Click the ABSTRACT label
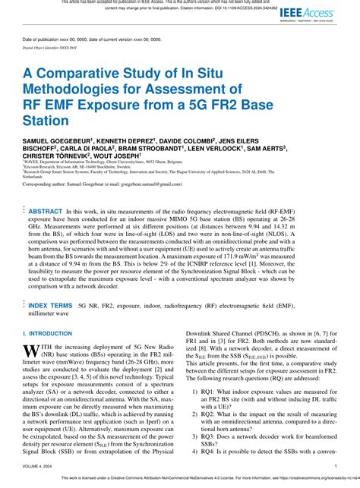coord(46,210)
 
